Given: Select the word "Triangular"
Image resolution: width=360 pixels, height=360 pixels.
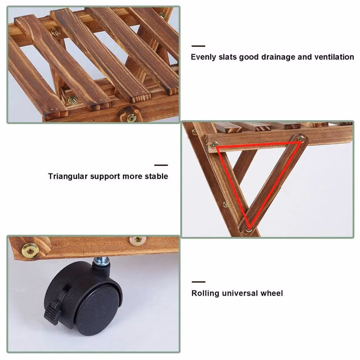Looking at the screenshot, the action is point(68,176).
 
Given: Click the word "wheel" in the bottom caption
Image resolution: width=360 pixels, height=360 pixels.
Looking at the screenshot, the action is point(272,293).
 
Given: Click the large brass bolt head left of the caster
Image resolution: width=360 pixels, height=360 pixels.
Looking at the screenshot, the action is point(30,250).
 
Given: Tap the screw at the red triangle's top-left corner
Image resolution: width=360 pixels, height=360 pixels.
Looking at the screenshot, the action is point(214,144).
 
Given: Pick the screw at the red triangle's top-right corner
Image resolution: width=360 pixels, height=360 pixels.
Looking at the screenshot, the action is point(300,139).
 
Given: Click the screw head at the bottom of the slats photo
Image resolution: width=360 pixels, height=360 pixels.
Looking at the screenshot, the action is point(131,118).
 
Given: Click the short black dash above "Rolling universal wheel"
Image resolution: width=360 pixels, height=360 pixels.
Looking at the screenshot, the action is point(199,282).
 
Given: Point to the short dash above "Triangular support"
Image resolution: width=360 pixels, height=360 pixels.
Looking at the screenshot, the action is point(161,165).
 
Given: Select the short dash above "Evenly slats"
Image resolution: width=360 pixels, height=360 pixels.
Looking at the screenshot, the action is point(198,46).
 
